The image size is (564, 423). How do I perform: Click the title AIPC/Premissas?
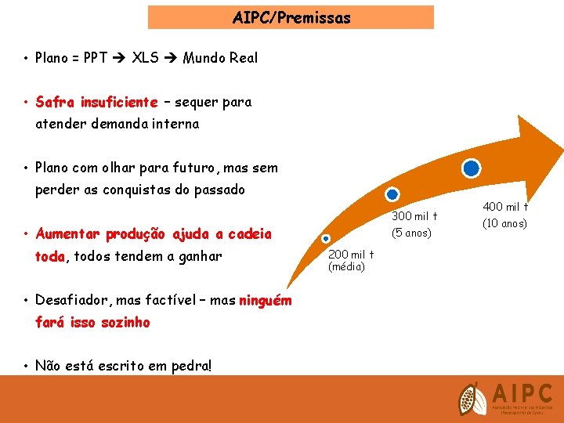(x=291, y=17)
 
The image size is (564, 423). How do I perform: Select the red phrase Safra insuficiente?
(x=96, y=102)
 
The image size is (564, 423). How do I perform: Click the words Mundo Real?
(x=220, y=58)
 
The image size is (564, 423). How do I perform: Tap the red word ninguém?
(x=265, y=301)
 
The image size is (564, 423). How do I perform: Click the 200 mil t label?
(x=351, y=255)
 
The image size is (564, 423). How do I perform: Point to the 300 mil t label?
(x=414, y=216)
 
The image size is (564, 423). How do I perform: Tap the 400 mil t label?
(x=505, y=208)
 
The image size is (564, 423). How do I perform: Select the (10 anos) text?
(x=505, y=223)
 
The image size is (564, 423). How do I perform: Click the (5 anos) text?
(x=412, y=233)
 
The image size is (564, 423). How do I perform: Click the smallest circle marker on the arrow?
(x=327, y=239)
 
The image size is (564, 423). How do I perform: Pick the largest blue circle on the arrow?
(x=471, y=168)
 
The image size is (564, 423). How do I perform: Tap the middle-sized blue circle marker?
(x=392, y=194)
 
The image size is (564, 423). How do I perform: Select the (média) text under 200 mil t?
(x=346, y=266)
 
